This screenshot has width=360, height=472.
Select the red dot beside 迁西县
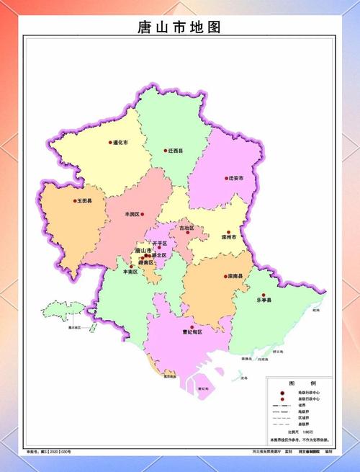tap(164, 151)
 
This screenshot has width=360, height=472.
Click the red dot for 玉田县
tap(75, 201)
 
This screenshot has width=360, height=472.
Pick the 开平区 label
tap(158, 244)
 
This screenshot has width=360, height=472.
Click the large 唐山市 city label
tap(143, 249)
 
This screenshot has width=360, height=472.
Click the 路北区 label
tap(159, 255)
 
